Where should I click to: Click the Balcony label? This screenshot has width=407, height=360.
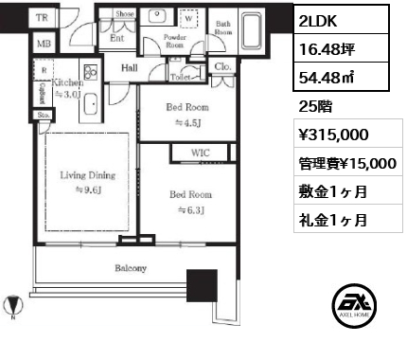[131, 268]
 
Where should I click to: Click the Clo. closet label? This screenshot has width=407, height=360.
[223, 68]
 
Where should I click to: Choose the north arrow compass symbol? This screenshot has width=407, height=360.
[12, 307]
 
